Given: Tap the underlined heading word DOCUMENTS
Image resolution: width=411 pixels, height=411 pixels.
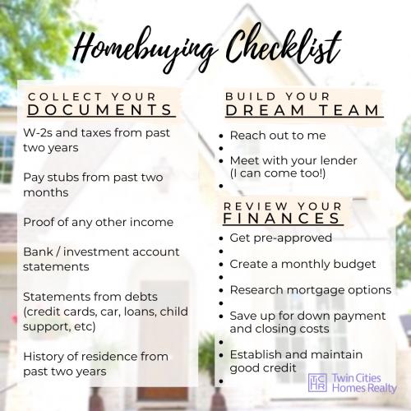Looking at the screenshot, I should pyautogui.click(x=100, y=109).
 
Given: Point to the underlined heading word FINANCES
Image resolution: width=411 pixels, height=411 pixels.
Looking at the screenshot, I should pyautogui.click(x=282, y=218).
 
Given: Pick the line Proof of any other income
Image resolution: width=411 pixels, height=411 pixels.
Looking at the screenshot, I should pyautogui.click(x=98, y=222).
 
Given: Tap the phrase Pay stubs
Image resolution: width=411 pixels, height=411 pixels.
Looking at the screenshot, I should pyautogui.click(x=51, y=178).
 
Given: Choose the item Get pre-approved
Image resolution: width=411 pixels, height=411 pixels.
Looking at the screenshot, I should pyautogui.click(x=280, y=238).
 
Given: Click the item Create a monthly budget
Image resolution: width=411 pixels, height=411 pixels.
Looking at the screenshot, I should pyautogui.click(x=302, y=264).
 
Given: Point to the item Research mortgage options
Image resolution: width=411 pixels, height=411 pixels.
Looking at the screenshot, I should pyautogui.click(x=311, y=290).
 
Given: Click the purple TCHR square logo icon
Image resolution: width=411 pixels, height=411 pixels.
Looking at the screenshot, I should pyautogui.click(x=317, y=381).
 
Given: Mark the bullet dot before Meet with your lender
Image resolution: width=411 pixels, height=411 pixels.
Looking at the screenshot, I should pyautogui.click(x=221, y=159).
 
